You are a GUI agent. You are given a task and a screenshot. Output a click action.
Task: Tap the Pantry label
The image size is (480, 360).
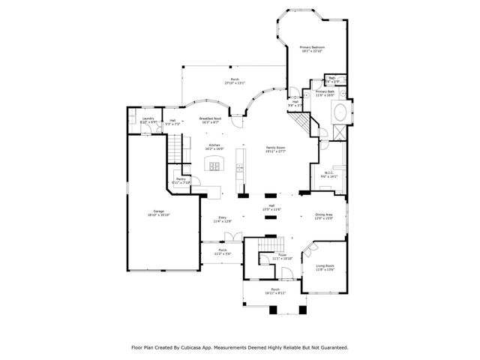click(181, 179)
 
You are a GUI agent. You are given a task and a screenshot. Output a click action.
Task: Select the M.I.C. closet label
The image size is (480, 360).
click(330, 174)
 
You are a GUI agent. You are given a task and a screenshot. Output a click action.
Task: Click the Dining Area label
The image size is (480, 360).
click(324, 214)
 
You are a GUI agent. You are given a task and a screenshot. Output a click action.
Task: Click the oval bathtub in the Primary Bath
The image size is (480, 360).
click(338, 115)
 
